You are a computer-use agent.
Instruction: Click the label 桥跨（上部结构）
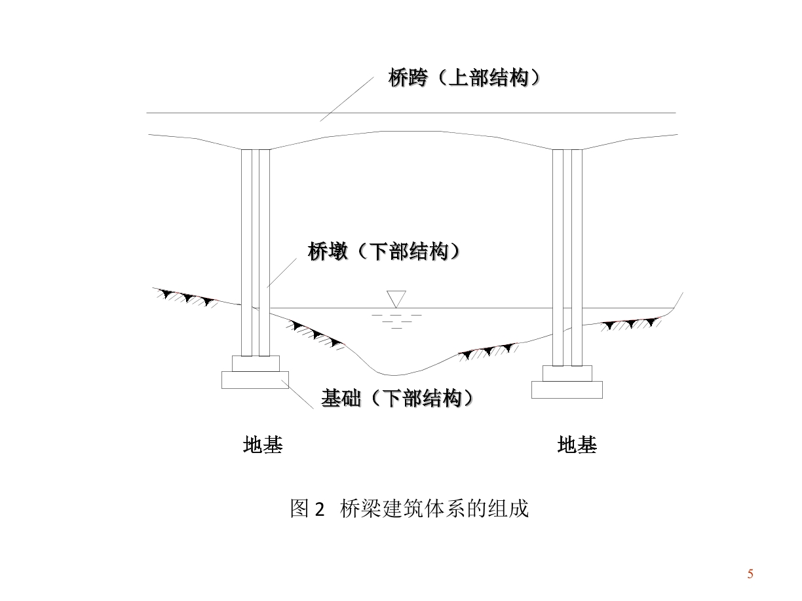(465, 79)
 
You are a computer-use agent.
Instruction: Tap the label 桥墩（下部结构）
(384, 252)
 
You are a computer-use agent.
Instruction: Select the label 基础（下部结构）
(397, 398)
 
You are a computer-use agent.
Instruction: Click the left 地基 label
(262, 446)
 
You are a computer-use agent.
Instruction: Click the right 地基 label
(577, 446)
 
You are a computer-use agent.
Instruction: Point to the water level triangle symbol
(396, 299)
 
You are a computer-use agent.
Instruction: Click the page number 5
(751, 574)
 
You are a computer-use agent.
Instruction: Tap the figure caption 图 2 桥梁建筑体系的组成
(409, 509)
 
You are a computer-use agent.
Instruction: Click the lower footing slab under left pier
(255, 380)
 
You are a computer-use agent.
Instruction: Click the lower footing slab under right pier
(567, 390)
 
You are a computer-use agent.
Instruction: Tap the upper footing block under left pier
(256, 363)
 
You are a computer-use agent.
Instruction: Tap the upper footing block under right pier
(567, 373)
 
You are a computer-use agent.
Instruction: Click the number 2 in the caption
(319, 509)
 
